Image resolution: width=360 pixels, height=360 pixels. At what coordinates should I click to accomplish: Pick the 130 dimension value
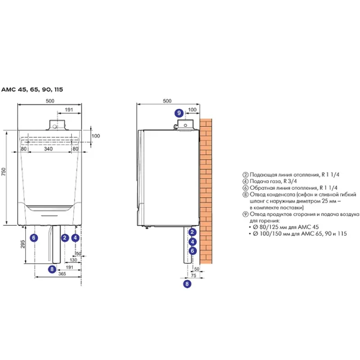(x=73, y=260)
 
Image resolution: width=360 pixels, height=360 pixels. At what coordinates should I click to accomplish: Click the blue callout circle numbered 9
(x=179, y=113)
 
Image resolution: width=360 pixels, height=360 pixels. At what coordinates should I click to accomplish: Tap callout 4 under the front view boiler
(x=75, y=238)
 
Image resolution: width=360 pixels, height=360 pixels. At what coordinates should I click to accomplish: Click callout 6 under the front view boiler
(x=33, y=238)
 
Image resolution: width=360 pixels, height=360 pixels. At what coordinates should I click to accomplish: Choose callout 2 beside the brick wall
(x=193, y=232)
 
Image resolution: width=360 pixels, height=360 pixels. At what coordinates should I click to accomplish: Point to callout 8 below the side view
(x=186, y=284)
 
